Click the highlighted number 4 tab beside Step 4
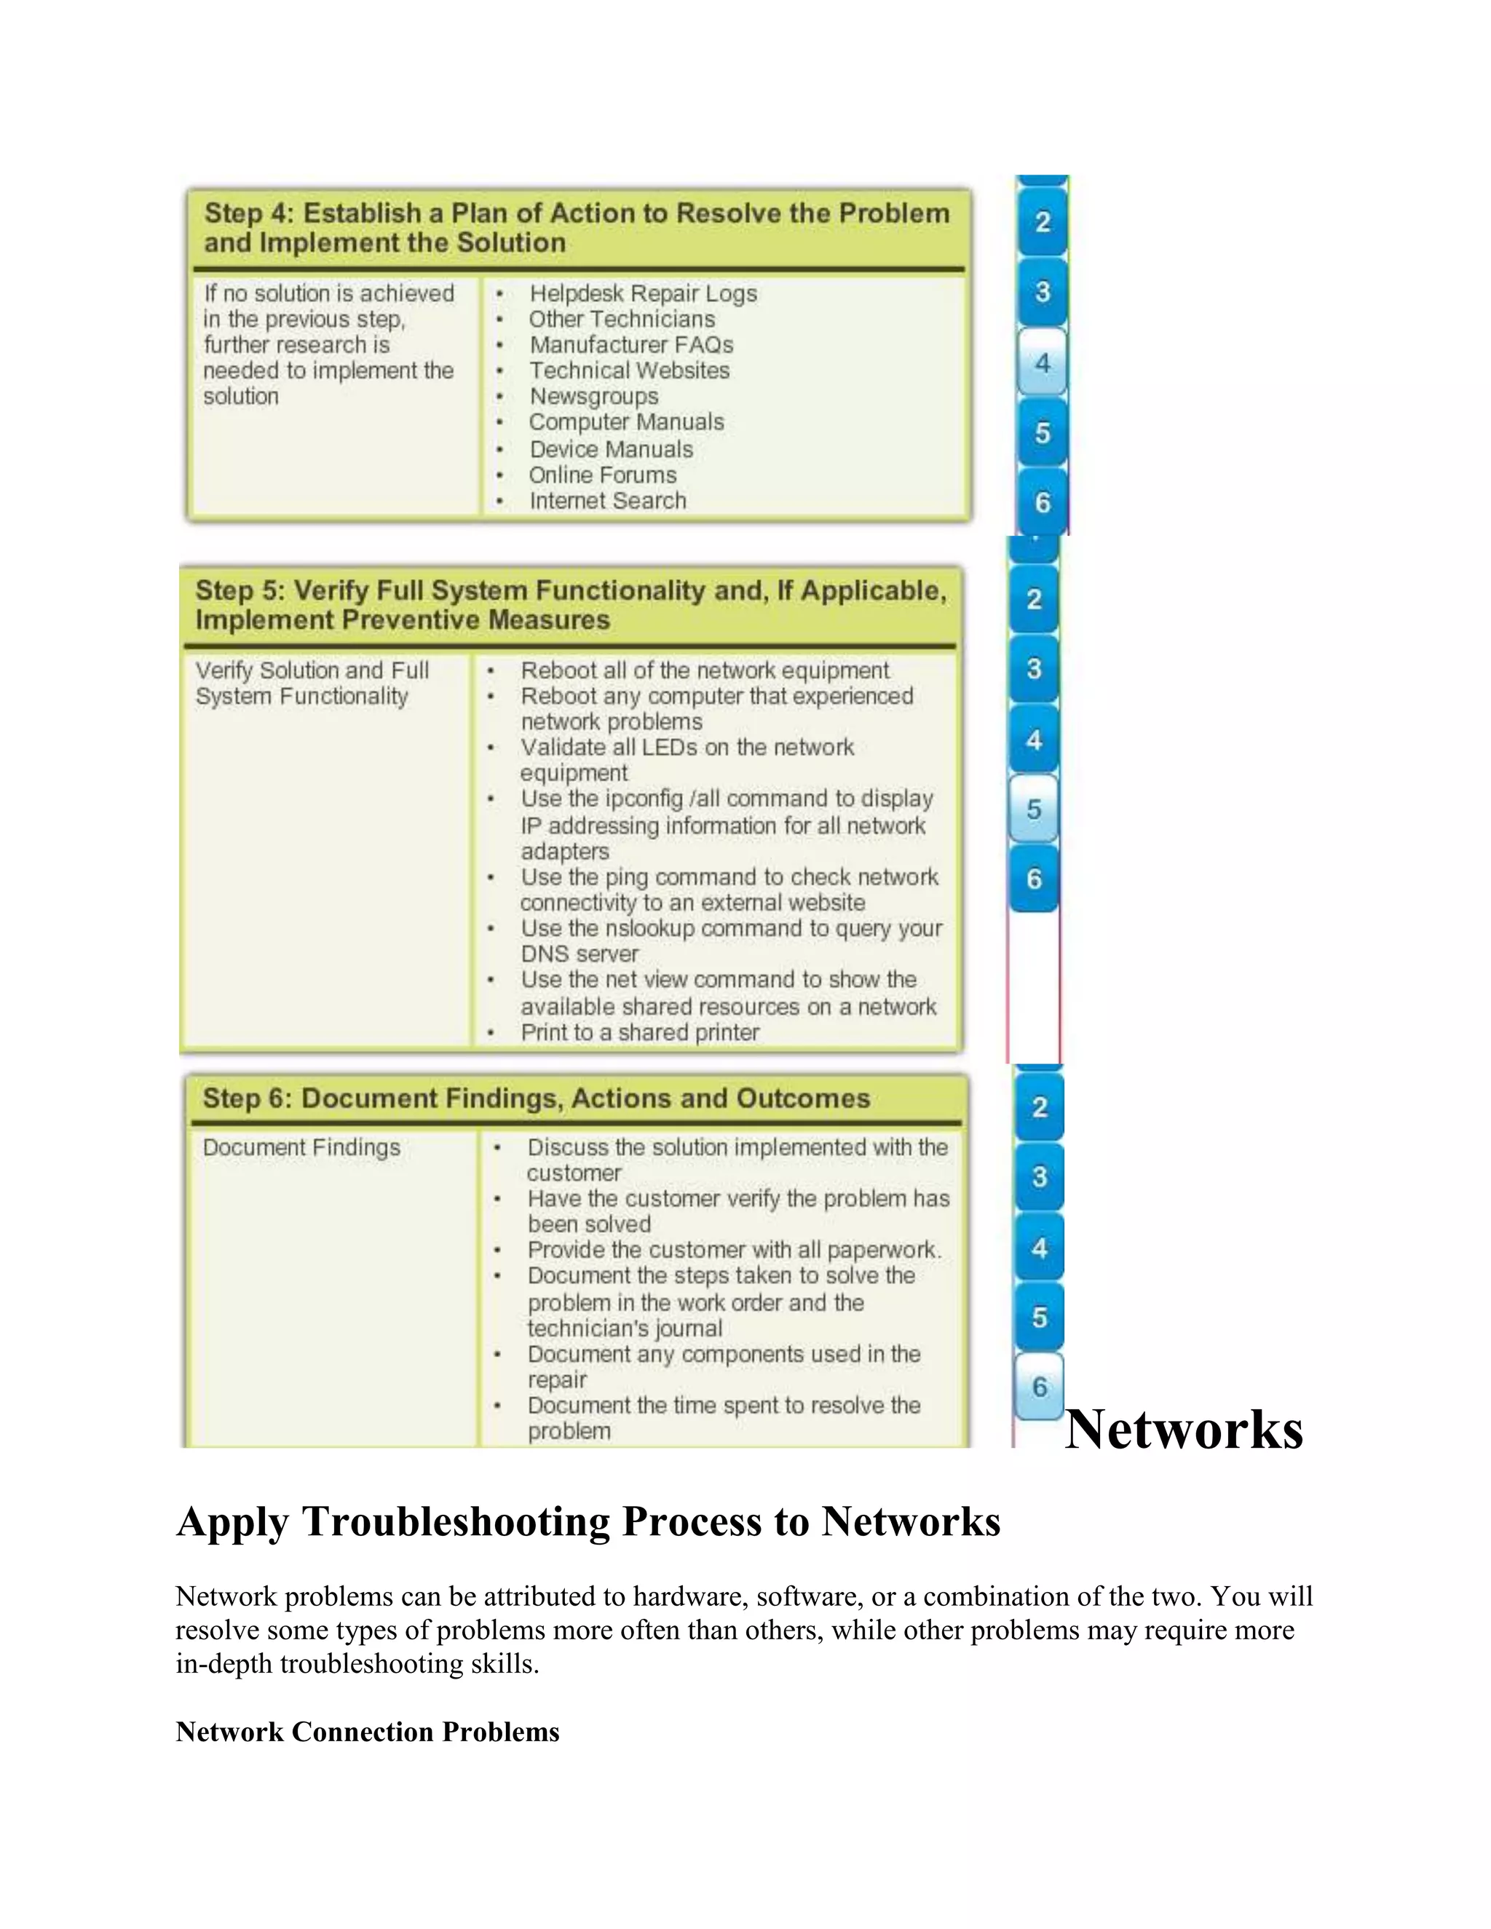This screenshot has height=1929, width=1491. (1043, 362)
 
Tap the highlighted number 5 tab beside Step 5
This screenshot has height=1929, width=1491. (1034, 809)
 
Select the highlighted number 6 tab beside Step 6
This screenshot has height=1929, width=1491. (1040, 1387)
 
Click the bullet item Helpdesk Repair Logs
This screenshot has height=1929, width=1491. (643, 293)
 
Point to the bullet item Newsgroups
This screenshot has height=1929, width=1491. (593, 397)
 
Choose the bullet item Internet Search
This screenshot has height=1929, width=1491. (608, 501)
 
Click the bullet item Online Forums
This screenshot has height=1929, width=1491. (602, 475)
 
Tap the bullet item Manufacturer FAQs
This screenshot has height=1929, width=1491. (630, 345)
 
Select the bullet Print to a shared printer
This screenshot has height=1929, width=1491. (639, 1032)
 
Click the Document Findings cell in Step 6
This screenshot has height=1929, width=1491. (301, 1147)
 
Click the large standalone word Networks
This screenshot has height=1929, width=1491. (1184, 1429)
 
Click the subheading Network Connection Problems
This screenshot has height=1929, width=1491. (368, 1732)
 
